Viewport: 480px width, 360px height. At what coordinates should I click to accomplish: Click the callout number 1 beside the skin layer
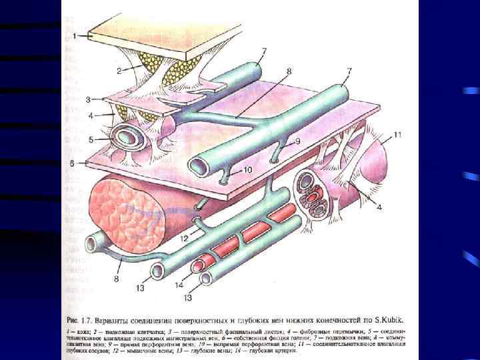76,33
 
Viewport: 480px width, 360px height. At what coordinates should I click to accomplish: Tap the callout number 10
247,170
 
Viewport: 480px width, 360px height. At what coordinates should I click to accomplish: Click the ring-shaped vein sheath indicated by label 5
129,140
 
